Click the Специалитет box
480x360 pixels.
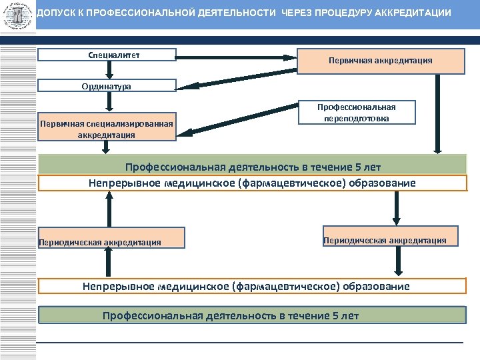coord(107,55)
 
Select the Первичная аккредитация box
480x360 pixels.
coord(380,61)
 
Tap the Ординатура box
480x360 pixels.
coord(107,86)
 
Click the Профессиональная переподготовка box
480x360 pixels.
coord(356,112)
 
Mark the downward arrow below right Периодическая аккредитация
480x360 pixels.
coord(398,262)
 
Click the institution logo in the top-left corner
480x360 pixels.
coord(17,15)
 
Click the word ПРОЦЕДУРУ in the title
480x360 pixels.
coord(344,13)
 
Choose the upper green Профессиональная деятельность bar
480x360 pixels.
coord(253,165)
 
